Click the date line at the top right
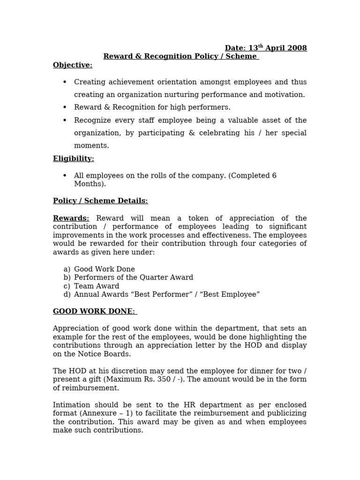point(266,48)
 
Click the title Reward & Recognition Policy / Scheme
point(180,57)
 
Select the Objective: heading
point(73,65)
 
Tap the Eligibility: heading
point(74,159)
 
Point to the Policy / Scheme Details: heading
point(100,201)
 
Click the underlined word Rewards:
point(71,218)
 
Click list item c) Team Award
point(91,286)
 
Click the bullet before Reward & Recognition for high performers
point(65,108)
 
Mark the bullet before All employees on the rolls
point(65,176)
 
